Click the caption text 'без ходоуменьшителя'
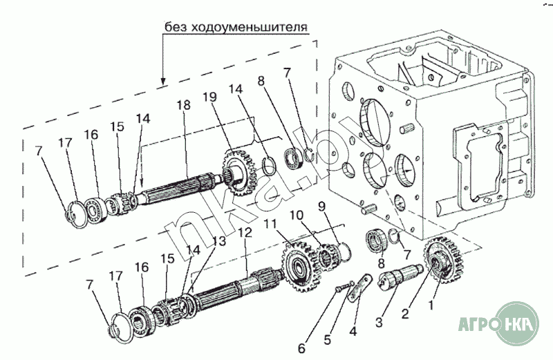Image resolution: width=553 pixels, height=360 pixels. point(236,27)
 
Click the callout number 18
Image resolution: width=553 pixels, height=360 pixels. point(183,105)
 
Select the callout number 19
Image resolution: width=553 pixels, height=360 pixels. point(210,97)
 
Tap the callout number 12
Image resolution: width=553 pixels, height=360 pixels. point(245,233)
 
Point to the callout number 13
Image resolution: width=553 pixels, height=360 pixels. point(218,241)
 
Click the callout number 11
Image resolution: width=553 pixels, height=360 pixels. point(272,224)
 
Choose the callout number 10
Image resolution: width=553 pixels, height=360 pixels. point(297,215)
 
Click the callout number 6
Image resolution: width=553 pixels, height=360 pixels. point(301,348)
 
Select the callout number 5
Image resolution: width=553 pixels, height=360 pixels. point(328,339)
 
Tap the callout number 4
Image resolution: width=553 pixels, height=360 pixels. point(353,331)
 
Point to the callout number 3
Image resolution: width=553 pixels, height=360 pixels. point(379,322)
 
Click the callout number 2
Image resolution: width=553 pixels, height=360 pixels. point(405,313)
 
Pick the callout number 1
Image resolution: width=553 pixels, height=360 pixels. point(431,305)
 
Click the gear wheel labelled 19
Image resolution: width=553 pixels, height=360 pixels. point(238,172)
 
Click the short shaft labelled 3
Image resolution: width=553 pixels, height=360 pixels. point(401,276)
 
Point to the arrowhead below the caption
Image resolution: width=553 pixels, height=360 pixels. point(162,80)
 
